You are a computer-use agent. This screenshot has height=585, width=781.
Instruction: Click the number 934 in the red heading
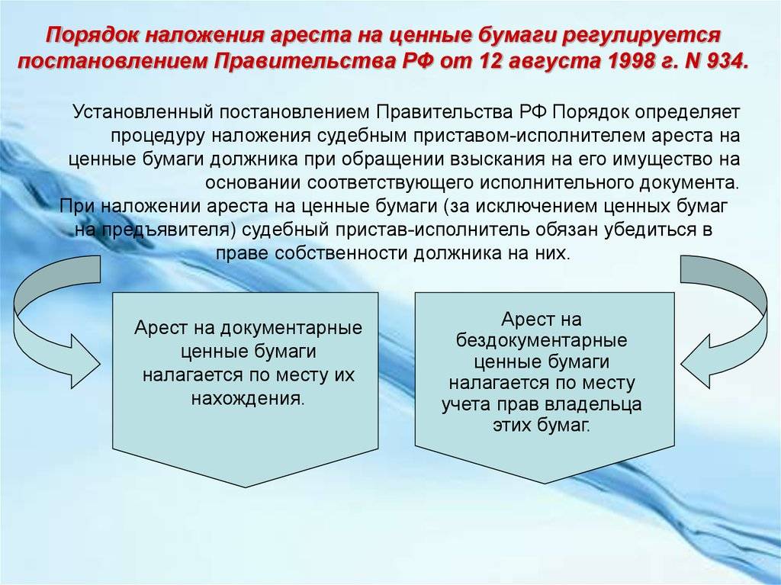point(724,61)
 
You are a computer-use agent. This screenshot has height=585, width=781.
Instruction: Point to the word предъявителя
point(168,230)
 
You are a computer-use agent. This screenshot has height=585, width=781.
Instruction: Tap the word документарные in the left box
point(291,329)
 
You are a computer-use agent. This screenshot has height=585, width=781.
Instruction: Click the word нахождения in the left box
point(248,399)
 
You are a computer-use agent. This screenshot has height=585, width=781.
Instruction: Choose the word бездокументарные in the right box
point(542,341)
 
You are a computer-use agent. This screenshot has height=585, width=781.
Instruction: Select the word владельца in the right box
point(593,404)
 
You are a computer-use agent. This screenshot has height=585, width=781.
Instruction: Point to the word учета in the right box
point(466,404)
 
